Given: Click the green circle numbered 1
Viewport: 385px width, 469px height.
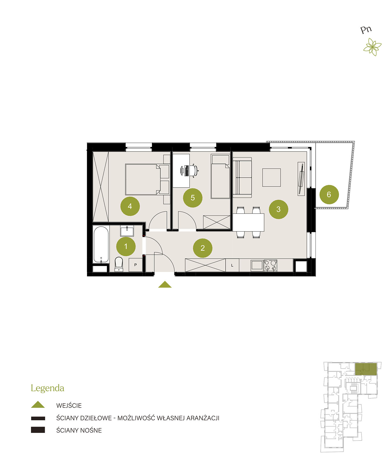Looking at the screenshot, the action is (126, 246).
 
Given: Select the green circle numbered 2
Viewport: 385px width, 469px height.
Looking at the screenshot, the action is (202, 248).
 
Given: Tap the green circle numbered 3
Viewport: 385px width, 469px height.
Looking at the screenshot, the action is (278, 209).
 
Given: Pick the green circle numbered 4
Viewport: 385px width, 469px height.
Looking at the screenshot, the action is (130, 206).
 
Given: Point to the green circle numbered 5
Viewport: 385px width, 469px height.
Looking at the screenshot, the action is (193, 198).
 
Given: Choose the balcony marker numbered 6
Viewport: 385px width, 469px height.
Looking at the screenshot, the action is (329, 194).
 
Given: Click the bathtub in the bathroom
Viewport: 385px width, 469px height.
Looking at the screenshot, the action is (101, 245).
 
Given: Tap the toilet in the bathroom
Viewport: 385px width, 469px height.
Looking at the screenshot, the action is (119, 264).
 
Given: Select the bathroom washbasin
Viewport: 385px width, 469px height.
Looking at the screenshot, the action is (127, 231).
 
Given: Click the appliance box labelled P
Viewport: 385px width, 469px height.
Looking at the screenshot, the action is (136, 265).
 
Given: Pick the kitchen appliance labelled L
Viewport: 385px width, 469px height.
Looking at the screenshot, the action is (232, 265).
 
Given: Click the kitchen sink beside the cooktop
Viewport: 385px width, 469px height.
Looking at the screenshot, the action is (257, 265).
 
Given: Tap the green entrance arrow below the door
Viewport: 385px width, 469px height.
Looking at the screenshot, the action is (165, 284).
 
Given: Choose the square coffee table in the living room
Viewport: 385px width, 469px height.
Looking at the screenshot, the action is (271, 177).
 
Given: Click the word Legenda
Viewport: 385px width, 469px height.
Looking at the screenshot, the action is (47, 388).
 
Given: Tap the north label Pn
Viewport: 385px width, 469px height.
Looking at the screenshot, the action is (366, 30).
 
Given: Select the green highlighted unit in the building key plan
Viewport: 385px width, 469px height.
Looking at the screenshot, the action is (366, 369).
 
